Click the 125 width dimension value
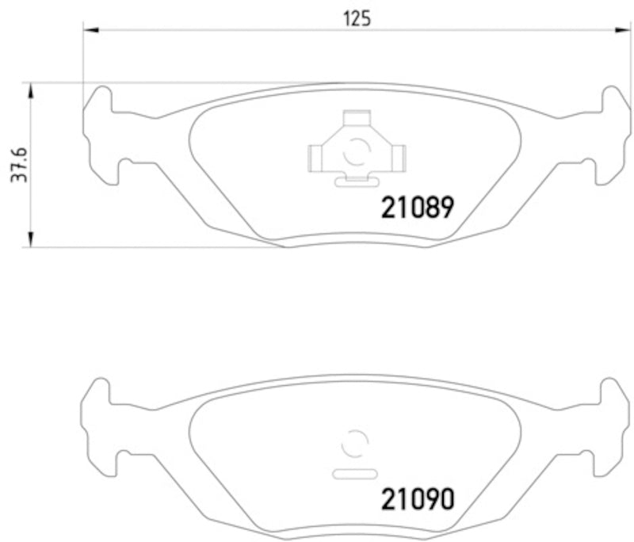tap(357, 18)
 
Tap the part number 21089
tap(418, 208)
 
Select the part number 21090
tap(418, 499)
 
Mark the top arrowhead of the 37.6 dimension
tap(31, 89)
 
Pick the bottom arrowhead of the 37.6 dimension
tap(31, 240)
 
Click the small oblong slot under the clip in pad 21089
tap(355, 181)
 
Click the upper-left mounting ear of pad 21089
tap(100, 101)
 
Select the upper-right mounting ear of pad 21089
tap(613, 101)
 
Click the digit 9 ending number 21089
tap(445, 208)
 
